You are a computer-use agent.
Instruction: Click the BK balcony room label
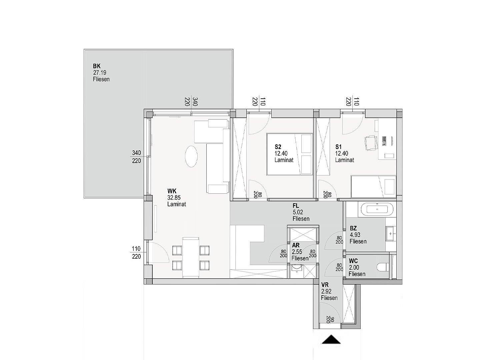click(97, 66)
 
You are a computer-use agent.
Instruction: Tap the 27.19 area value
click(100, 73)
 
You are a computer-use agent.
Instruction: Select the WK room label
click(172, 191)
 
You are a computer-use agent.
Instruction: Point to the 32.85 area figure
click(174, 198)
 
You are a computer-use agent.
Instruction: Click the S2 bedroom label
click(278, 147)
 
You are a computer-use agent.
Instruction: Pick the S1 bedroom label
click(339, 147)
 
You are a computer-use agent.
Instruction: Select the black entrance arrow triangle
click(331, 340)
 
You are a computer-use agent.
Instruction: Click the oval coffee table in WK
click(191, 156)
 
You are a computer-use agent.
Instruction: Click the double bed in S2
click(290, 154)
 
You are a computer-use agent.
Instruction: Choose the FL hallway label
click(296, 206)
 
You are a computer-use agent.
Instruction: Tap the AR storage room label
click(295, 245)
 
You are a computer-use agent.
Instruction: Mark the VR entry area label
click(325, 285)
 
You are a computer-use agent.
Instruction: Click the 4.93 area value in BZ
click(355, 235)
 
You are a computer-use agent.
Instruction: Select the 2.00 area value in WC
click(354, 267)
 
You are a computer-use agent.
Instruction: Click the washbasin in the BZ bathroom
click(391, 233)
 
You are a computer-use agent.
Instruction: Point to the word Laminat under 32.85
click(177, 204)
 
